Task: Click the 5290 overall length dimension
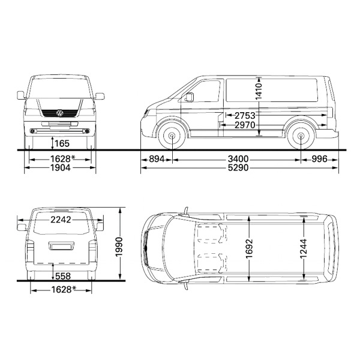pyautogui.click(x=238, y=168)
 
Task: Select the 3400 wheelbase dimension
pyautogui.click(x=238, y=159)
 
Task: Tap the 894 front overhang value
pyautogui.click(x=157, y=159)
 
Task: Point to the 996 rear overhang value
pyautogui.click(x=319, y=159)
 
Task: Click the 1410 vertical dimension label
pyautogui.click(x=259, y=91)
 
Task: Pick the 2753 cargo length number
pyautogui.click(x=245, y=115)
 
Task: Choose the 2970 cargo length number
pyautogui.click(x=245, y=125)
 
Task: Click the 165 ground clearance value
pyautogui.click(x=62, y=144)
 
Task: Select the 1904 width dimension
pyautogui.click(x=61, y=168)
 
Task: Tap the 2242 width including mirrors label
pyautogui.click(x=61, y=220)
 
